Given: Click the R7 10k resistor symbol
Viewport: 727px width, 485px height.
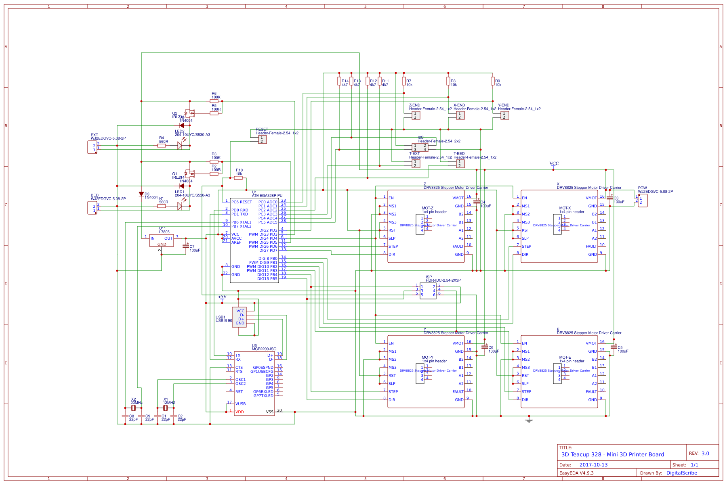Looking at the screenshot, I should click(404, 81).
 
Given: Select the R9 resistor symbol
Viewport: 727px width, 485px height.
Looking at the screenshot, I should click(492, 81).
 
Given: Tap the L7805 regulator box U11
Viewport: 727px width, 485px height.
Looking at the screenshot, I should click(162, 240).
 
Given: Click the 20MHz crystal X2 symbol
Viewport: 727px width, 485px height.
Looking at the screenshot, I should click(133, 408).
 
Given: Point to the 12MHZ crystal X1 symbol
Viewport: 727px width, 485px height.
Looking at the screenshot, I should click(166, 408).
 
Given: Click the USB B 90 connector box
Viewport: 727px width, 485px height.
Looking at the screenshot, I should click(239, 317).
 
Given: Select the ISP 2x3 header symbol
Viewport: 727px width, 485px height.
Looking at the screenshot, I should click(428, 291).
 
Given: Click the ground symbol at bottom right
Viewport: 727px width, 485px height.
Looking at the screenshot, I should click(529, 420).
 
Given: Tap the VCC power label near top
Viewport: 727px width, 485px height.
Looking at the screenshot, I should click(554, 164).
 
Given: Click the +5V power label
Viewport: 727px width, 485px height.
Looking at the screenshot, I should click(222, 297).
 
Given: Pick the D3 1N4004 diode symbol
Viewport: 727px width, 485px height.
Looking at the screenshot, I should click(141, 194).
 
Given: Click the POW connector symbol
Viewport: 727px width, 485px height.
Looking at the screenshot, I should click(642, 200).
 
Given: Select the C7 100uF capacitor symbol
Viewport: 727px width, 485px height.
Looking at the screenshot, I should click(186, 245).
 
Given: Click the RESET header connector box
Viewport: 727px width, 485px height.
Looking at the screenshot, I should click(263, 140).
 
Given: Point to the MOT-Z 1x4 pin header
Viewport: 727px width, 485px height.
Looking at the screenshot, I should click(420, 224).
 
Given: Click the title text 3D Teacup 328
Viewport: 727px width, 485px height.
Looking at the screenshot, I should click(612, 454).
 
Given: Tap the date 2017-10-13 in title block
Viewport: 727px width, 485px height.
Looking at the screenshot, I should click(593, 465).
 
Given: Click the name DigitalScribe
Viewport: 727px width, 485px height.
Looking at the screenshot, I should click(681, 473).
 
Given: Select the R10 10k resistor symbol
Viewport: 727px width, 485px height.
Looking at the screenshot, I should click(238, 178).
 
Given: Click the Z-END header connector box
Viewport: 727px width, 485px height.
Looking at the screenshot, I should click(416, 115).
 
